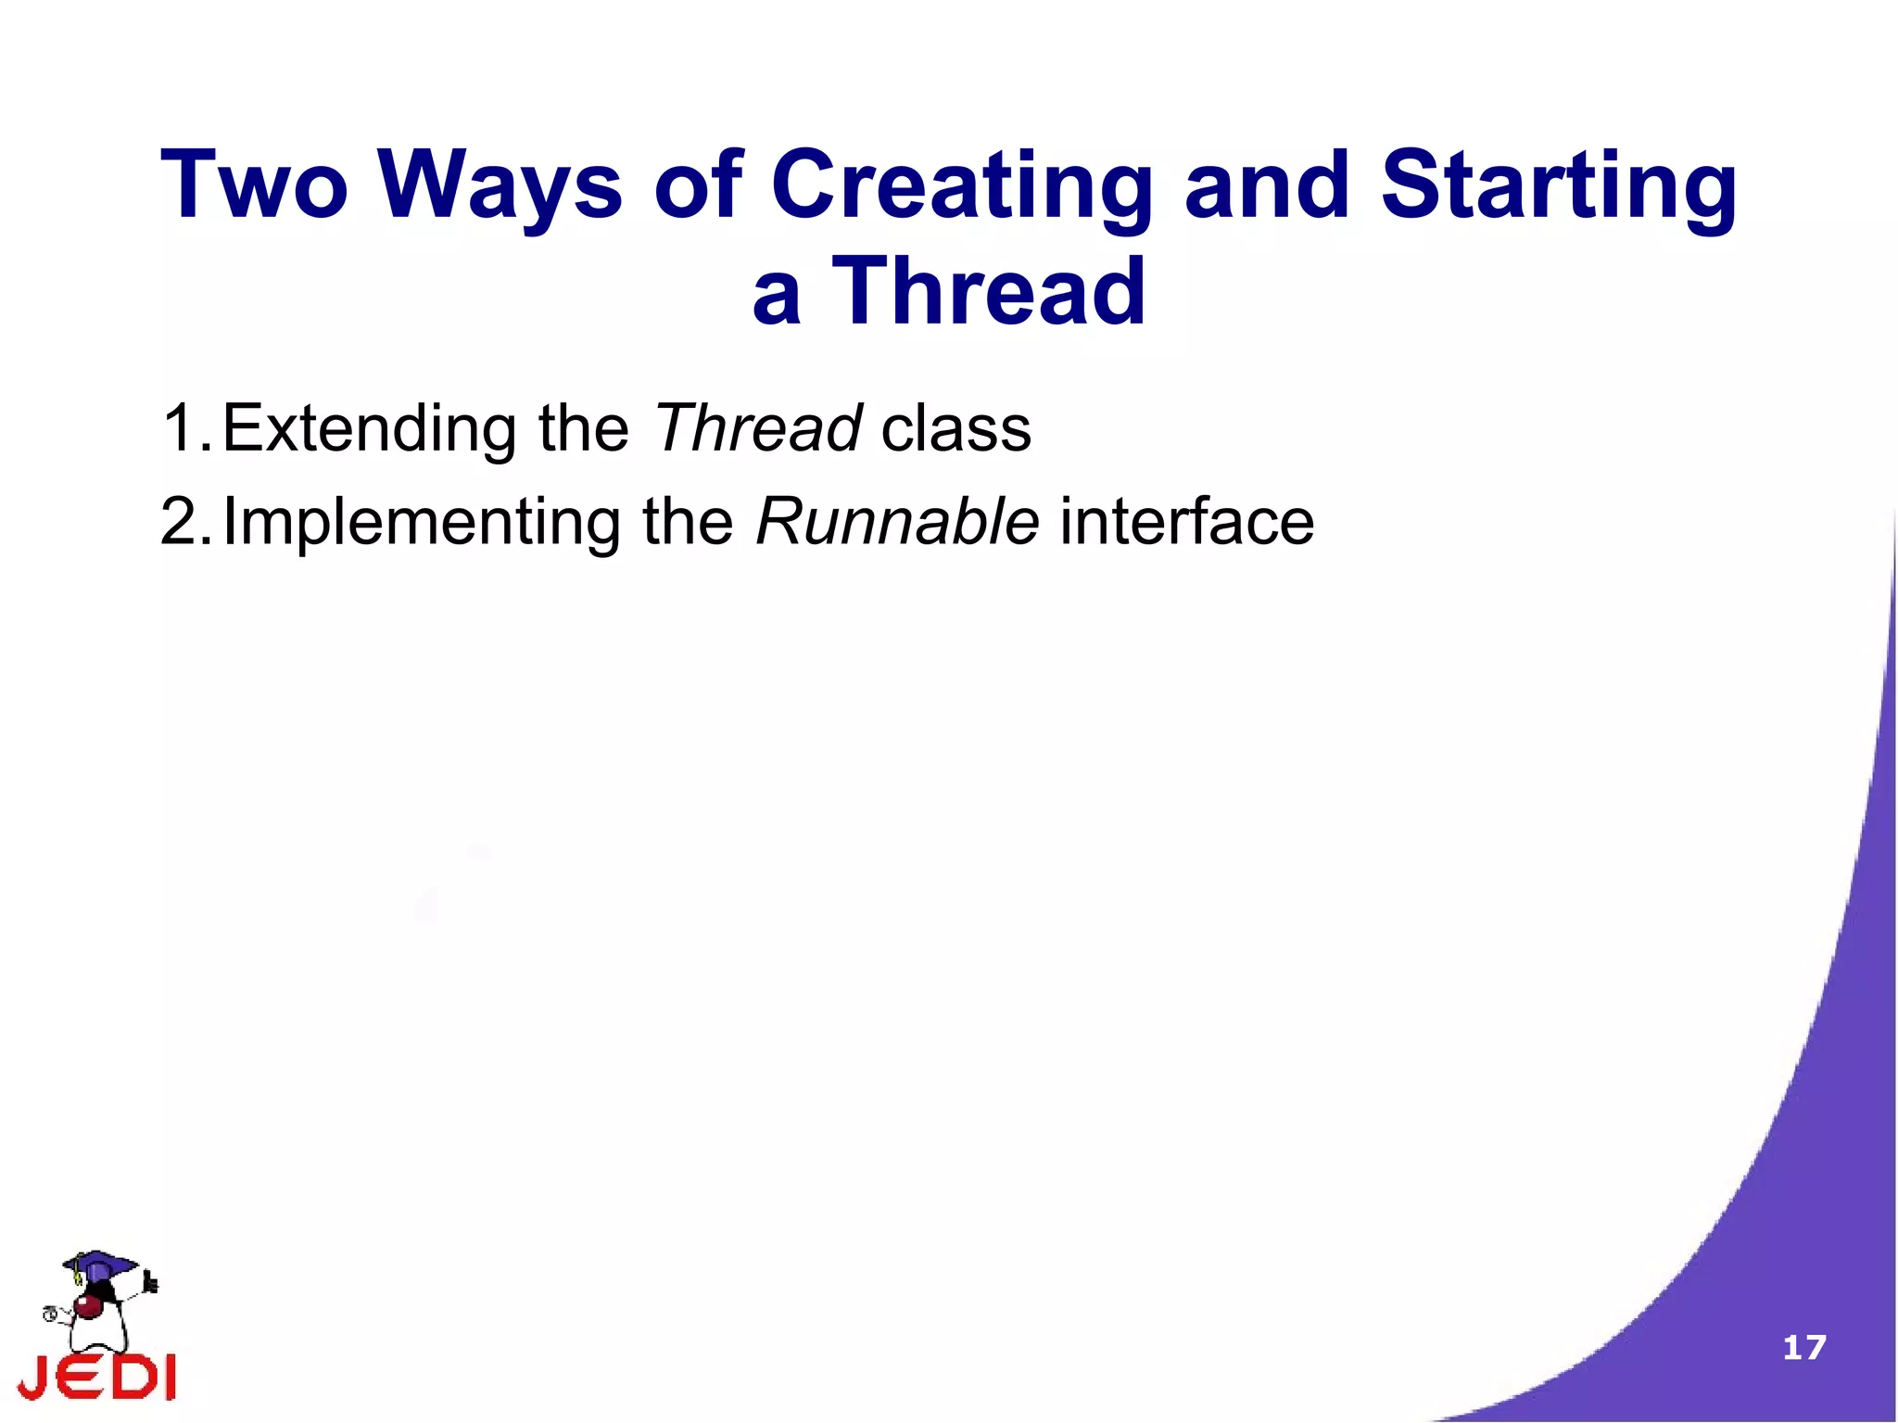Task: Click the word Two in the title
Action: click(x=254, y=185)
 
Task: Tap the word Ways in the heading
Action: click(x=500, y=185)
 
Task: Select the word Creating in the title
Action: click(x=961, y=185)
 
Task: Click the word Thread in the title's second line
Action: click(x=989, y=292)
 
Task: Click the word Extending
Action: click(x=368, y=428)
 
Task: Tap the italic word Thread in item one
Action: click(x=757, y=428)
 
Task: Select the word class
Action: click(x=955, y=428)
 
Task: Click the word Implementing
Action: click(x=422, y=522)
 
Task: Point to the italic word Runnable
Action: click(x=897, y=522)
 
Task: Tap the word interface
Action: click(x=1186, y=522)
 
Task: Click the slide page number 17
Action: click(x=1803, y=1347)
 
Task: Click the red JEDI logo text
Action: click(x=97, y=1378)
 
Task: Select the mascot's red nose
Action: click(x=89, y=1307)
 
